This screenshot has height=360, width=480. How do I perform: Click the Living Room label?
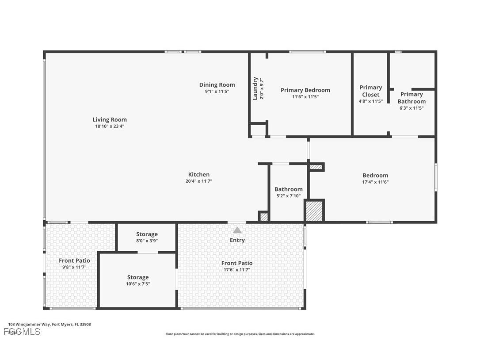(x=110, y=119)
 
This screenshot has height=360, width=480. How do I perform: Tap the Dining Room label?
(x=217, y=85)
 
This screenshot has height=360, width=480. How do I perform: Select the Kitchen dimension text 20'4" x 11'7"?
(x=199, y=181)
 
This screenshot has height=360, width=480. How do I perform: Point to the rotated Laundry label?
(x=255, y=88)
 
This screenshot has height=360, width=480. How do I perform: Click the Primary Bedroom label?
(x=305, y=90)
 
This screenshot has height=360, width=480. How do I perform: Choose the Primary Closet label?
(x=370, y=91)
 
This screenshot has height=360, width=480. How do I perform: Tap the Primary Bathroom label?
(x=411, y=98)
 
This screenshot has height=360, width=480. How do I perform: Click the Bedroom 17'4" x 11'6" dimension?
(x=375, y=182)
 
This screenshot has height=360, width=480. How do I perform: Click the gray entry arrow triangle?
(x=237, y=230)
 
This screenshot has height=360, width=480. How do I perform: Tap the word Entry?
(x=237, y=240)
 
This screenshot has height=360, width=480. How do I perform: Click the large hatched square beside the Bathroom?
(x=314, y=211)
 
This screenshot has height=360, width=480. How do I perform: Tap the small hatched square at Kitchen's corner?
(x=264, y=217)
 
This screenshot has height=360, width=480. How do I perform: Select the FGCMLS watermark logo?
(x=22, y=331)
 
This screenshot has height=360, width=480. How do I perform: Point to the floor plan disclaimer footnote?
(x=240, y=334)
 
